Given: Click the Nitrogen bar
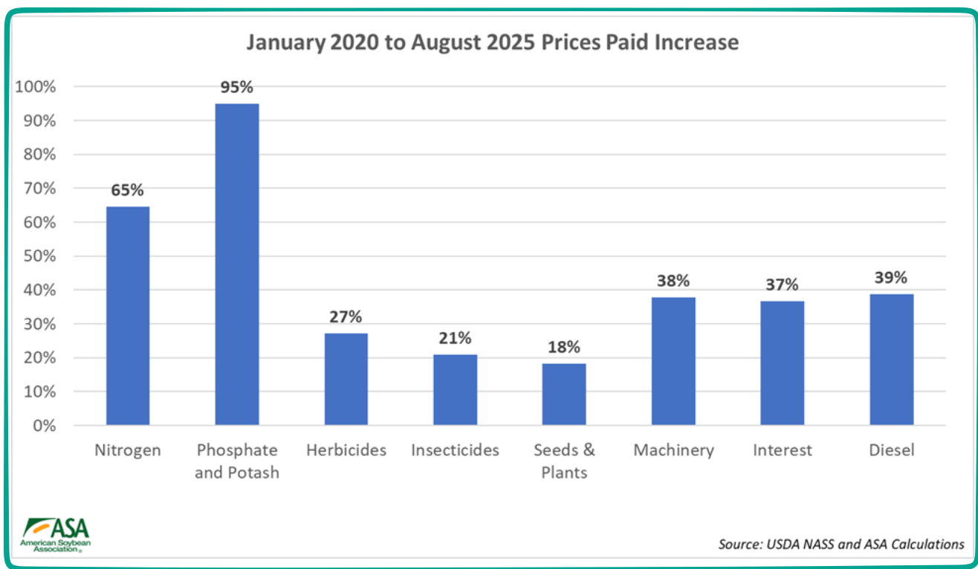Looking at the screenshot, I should pos(128,316).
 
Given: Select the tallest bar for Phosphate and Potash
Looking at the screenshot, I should pos(237,264).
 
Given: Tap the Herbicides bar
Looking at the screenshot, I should pos(346,379).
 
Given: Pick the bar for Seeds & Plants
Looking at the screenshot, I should pos(563,394).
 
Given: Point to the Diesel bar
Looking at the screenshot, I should pos(891,360).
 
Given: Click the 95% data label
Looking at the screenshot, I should pos(236,88).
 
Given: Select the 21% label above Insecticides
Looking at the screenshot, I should pos(454,339).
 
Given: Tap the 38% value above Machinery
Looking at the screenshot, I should pos(673,281).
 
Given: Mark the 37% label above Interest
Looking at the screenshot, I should pos(782,284).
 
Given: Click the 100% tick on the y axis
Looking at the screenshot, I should pos(35,87).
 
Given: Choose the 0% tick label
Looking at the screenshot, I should pos(42,426).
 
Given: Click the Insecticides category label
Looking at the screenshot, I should pos(455,450).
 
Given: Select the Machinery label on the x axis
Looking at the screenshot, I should pos(673,450).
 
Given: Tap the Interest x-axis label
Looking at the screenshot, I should pos(782,450).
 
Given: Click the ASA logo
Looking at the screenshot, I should pos(56,534).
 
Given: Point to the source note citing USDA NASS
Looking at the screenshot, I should pos(841,544).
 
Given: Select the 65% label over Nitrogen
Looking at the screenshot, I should pos(127,190).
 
